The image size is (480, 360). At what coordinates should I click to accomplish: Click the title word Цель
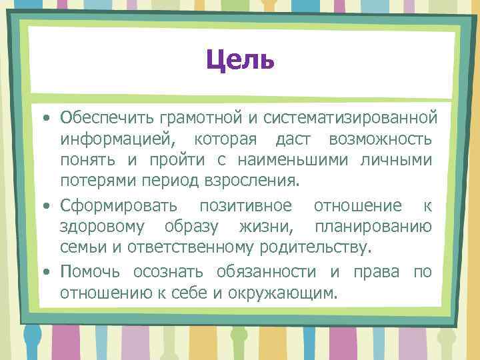click(x=240, y=61)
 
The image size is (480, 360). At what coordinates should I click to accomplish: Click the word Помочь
click(x=93, y=271)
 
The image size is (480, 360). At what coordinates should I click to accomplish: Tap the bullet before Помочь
click(x=45, y=272)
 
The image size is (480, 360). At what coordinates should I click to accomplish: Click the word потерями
click(x=93, y=182)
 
